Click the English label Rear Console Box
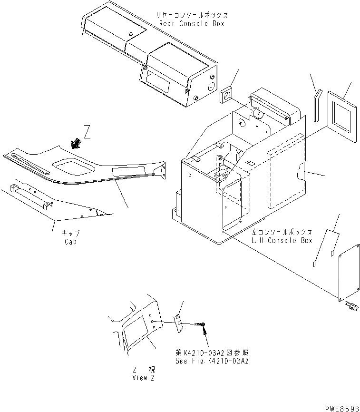[190, 23]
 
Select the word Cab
[70, 242]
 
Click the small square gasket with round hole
[227, 94]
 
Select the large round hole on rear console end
[210, 86]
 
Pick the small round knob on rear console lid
[130, 33]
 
